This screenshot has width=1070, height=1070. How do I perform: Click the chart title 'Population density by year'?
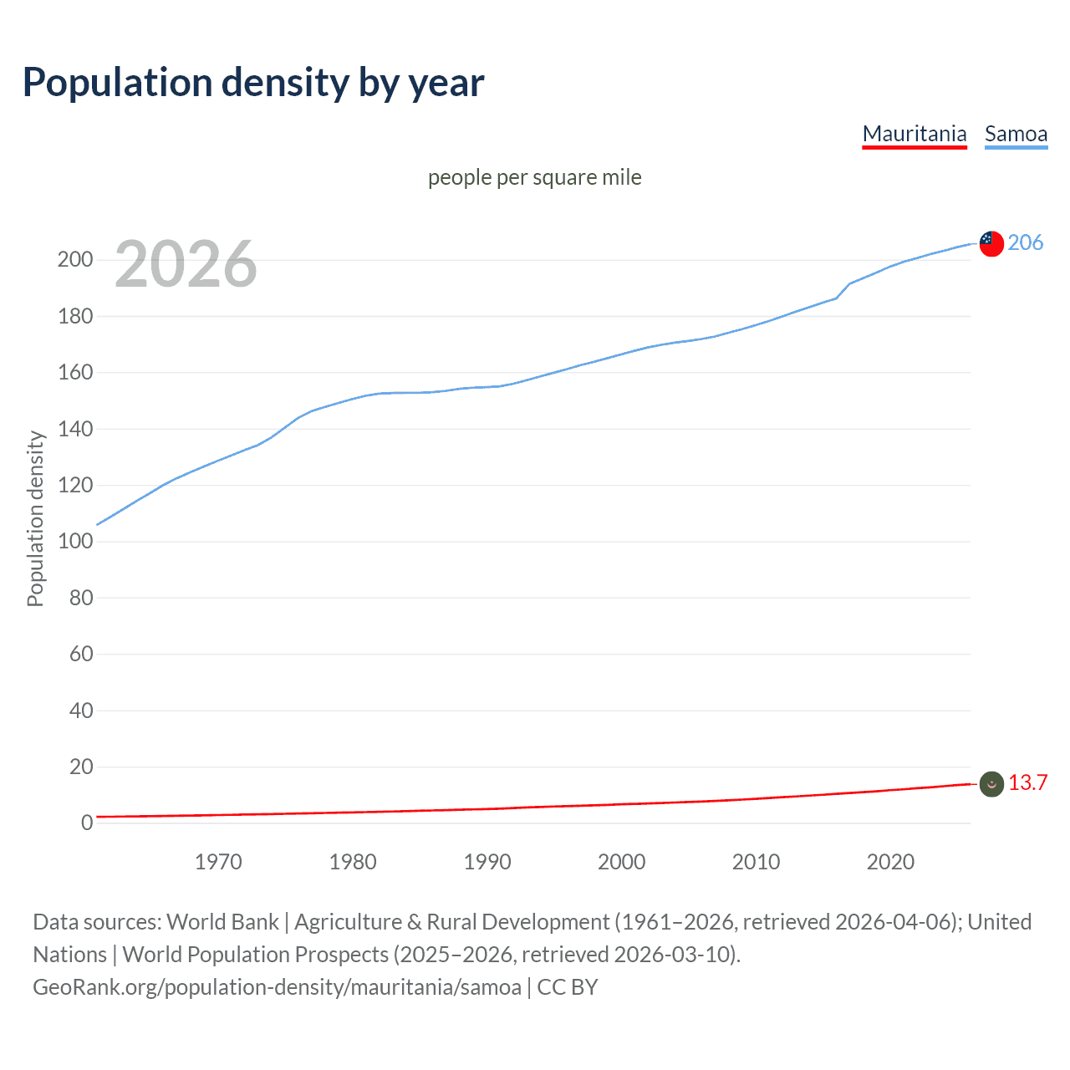tap(253, 83)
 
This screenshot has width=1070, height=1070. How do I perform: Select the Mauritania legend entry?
tap(914, 134)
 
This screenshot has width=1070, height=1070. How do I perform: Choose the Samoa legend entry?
tap(1016, 134)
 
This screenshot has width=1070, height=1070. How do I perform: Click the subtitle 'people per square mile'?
tap(534, 177)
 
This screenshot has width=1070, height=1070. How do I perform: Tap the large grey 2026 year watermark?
tap(186, 264)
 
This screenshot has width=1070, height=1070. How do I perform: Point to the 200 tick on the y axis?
tap(75, 259)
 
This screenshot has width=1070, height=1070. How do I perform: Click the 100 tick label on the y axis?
tap(75, 541)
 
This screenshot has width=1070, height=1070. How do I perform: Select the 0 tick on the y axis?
tap(87, 823)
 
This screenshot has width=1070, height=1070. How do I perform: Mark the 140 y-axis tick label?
tap(75, 429)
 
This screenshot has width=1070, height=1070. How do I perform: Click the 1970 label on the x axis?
tap(218, 862)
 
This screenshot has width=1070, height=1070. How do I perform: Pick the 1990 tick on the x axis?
tap(487, 862)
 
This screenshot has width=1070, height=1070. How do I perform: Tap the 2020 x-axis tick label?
tap(890, 862)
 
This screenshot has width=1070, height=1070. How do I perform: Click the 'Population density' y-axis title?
tap(35, 518)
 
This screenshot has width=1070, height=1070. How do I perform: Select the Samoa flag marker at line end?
tap(991, 243)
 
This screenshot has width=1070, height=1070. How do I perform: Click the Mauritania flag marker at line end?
tap(991, 783)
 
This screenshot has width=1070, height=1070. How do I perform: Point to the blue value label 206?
tap(1025, 242)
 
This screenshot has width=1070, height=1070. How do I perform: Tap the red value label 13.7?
tap(1027, 782)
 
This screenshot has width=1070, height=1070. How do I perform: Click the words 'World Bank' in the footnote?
tap(222, 921)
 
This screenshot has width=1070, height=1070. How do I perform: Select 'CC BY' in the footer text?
tap(568, 986)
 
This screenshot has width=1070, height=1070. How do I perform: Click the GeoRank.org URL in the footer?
tap(277, 986)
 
